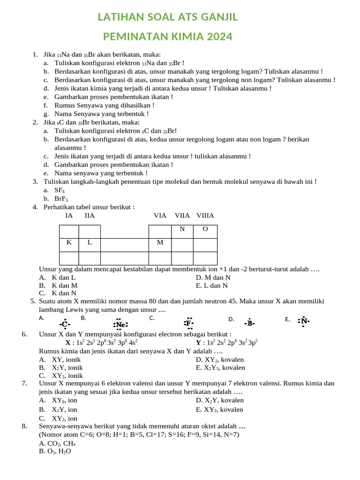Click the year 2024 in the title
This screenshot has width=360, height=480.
click(217, 37)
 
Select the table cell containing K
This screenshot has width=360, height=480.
click(69, 243)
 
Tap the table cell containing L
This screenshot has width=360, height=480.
click(90, 243)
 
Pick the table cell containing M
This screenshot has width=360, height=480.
click(160, 243)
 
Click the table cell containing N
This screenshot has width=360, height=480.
click(182, 229)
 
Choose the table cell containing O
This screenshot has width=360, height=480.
click(205, 229)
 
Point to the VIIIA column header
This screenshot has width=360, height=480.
click(205, 216)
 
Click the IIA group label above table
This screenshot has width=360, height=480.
click(90, 216)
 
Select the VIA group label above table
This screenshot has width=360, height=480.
click(160, 216)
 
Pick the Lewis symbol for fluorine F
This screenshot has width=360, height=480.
click(188, 323)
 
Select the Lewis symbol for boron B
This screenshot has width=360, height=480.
click(250, 323)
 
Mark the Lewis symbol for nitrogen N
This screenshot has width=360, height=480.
click(304, 322)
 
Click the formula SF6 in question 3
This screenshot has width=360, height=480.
click(59, 190)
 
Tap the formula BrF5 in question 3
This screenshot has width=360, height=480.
click(61, 199)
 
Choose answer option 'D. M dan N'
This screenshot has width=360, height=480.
click(213, 277)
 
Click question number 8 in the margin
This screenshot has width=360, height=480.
click(24, 426)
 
